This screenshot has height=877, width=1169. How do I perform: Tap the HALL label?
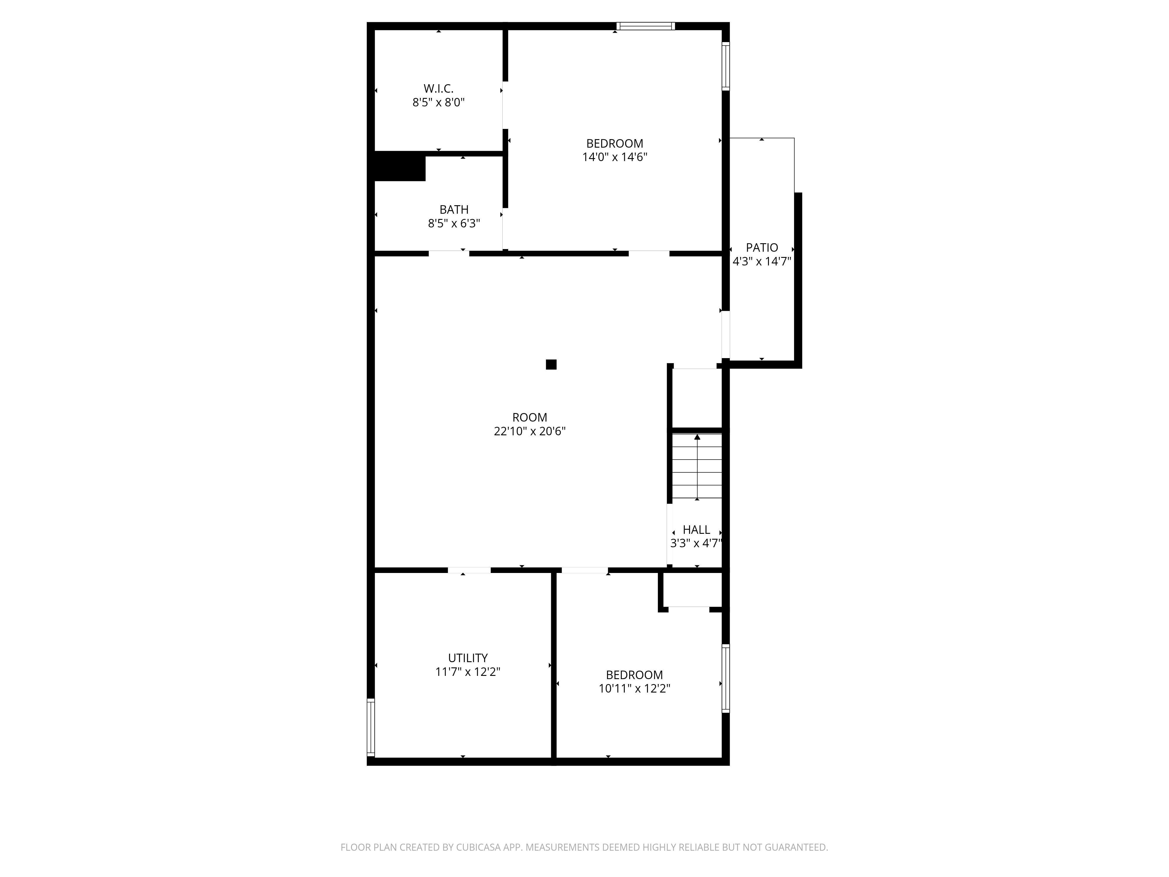696,530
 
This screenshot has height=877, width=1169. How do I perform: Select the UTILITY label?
468,658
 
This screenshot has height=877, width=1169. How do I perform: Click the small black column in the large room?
551,364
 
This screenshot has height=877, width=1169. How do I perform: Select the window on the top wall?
646,26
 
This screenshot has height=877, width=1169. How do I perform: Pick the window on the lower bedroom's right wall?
726,678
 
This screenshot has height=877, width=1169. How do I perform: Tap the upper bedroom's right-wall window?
726,66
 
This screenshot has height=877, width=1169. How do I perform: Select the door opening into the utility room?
469,570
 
